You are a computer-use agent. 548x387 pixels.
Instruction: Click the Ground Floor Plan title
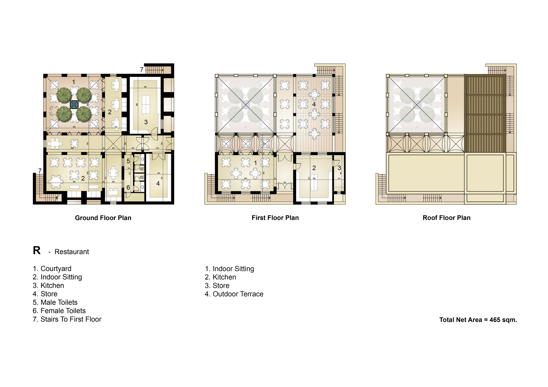point(103,218)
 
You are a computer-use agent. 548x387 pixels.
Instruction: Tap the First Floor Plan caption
point(275,218)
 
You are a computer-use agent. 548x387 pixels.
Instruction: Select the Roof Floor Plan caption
point(446,218)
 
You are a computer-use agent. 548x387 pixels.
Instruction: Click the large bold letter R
point(37,250)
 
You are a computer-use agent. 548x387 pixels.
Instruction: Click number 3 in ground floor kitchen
point(146,122)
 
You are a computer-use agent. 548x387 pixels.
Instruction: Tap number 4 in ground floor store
point(158,183)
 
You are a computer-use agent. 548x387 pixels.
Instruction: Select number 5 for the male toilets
point(128,161)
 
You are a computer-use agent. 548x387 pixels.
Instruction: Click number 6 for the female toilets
point(128,188)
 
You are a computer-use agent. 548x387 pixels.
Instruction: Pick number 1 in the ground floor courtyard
point(73,82)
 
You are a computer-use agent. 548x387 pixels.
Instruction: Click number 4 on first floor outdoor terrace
point(314,104)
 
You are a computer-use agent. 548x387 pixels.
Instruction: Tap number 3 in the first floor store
point(339,168)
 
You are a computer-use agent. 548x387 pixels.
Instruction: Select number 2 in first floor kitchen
point(314,168)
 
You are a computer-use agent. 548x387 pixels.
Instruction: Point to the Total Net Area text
point(478,320)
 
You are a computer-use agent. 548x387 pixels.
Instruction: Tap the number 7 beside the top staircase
point(142,70)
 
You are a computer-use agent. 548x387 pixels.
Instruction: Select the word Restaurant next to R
point(72,252)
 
